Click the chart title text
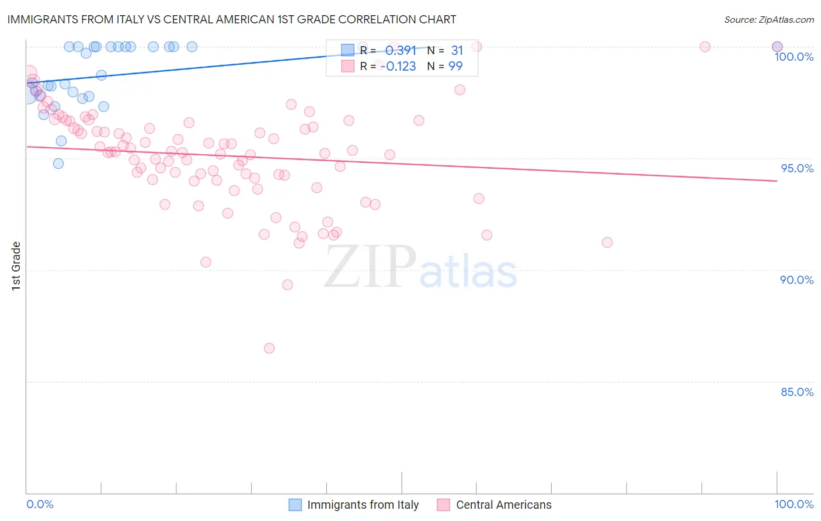click(231, 19)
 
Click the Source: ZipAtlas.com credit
click(768, 19)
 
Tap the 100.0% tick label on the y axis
click(794, 57)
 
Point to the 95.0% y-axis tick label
click(797, 168)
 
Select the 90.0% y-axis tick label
click(796, 280)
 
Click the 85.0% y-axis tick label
click(797, 392)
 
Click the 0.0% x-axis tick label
click(40, 504)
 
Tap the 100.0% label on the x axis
click(794, 504)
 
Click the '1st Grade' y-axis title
click(16, 266)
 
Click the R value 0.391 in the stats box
click(401, 51)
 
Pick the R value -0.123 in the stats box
click(398, 67)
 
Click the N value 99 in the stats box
click(455, 67)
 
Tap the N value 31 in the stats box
click(457, 51)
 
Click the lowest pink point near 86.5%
click(269, 348)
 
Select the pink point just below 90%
click(287, 285)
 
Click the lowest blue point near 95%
click(58, 164)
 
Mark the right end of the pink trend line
click(777, 181)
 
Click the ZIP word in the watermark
click(370, 266)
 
